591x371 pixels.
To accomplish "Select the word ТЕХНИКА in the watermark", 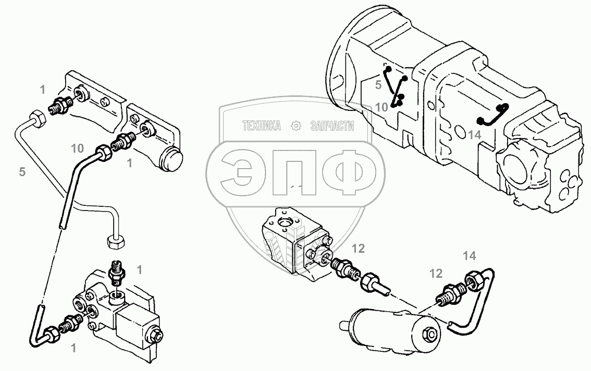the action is click(262, 126).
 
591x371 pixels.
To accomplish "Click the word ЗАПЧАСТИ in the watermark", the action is click(332, 126).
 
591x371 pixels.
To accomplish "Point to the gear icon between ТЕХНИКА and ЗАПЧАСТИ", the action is click(297, 126).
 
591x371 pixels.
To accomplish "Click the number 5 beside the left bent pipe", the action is click(22, 171).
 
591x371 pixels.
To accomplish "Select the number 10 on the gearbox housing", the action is click(381, 107).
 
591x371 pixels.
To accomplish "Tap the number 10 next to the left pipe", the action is click(78, 149).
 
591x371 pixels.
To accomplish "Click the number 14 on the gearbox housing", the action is click(474, 134).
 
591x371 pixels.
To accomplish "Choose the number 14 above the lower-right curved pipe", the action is click(469, 255).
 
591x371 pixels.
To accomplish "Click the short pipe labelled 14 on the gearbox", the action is click(493, 116).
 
